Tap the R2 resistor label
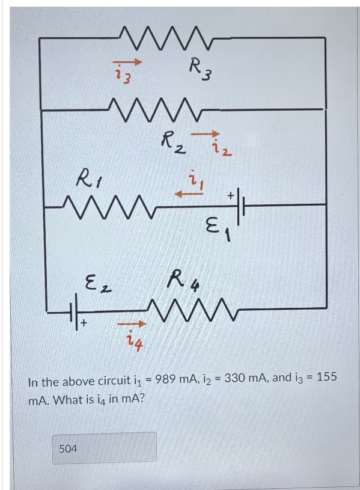173,144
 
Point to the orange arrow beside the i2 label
206,134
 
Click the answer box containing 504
104,448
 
